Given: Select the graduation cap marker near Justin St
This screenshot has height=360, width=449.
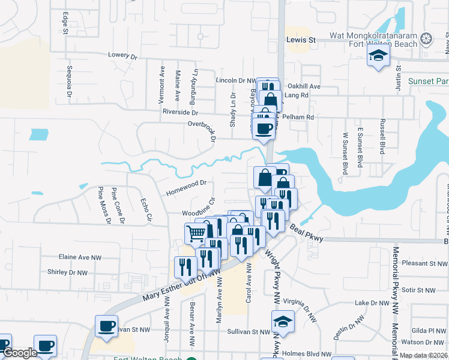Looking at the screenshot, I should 378,57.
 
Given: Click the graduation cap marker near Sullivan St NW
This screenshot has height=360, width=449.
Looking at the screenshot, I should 283,321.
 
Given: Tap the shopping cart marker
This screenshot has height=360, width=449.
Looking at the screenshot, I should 196,233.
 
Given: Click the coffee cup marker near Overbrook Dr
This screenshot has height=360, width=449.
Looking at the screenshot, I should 264,128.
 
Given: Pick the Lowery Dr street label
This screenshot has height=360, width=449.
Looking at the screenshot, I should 123,55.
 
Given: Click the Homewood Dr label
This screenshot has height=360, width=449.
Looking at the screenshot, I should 185,188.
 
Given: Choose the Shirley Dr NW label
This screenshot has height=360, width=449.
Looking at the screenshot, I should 67,272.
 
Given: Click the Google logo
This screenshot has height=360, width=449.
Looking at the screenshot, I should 20,353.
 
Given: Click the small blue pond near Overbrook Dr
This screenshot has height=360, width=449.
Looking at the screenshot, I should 38,134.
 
